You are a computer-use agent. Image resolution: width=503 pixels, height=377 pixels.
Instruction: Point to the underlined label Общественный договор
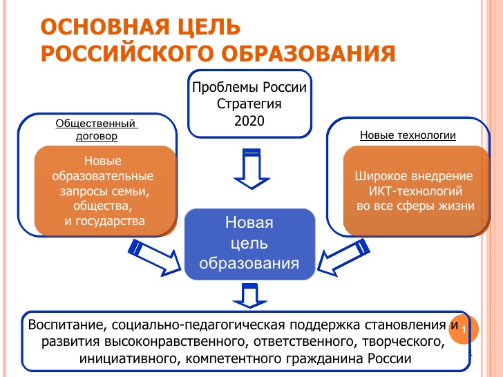point(97,130)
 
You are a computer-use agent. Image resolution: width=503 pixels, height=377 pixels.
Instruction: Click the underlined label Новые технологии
point(408,135)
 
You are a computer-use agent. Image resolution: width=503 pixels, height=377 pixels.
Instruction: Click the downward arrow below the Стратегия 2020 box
point(249,168)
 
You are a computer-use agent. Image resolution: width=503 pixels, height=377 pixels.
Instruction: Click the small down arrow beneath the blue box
point(249,296)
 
